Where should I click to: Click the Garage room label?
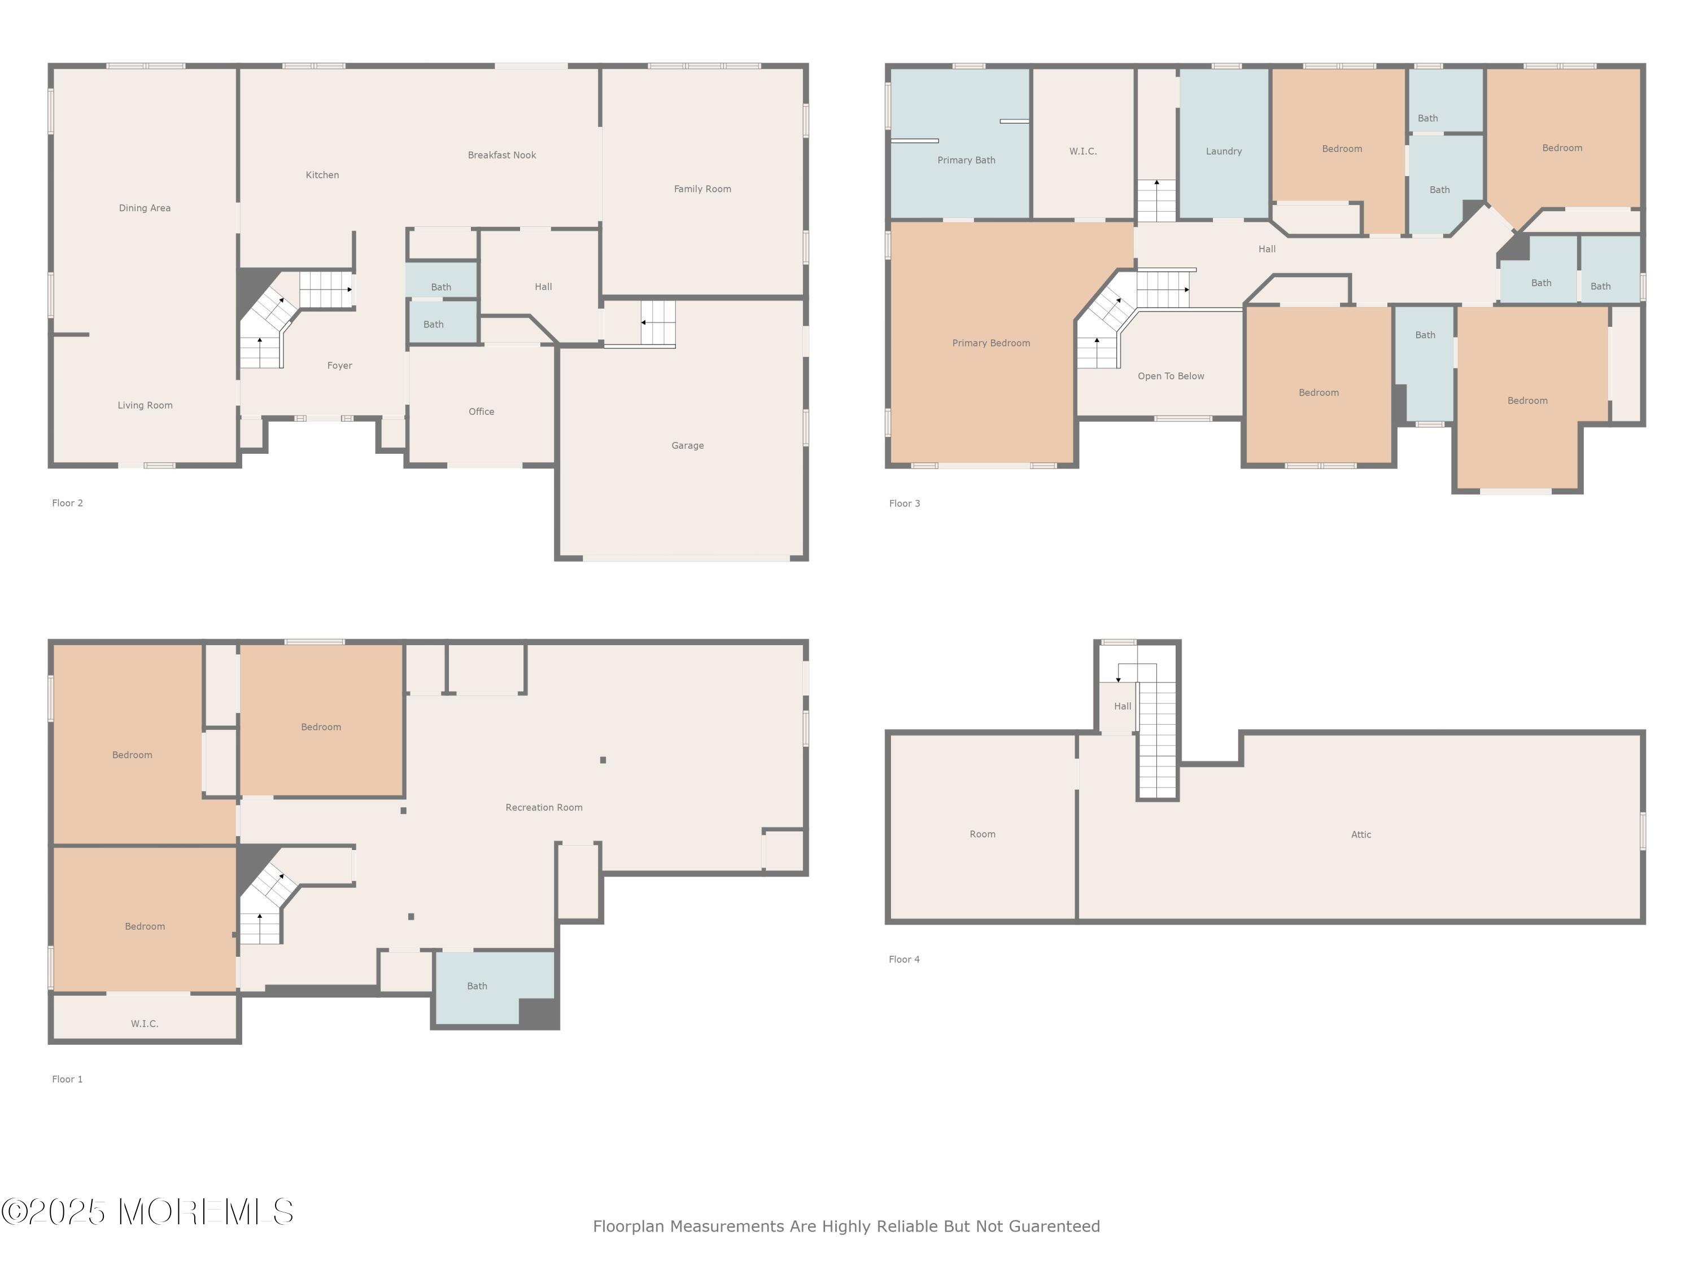coord(687,445)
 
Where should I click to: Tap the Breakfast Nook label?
coord(501,155)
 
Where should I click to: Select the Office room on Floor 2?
coord(482,406)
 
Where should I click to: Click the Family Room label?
coord(702,189)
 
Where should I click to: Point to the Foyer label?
coord(339,366)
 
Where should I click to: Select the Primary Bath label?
coord(967,160)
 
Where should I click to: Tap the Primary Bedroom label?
coord(991,343)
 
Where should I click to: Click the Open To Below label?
coord(1171,376)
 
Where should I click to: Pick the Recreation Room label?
coord(544,807)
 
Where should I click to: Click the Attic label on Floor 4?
coord(1361,834)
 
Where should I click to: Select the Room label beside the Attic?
coord(983,834)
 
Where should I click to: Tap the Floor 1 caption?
coord(67,1079)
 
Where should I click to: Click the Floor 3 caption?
coord(905,503)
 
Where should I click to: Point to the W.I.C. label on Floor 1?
coord(145,1023)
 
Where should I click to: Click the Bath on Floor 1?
coord(495,988)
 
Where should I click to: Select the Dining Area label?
coord(145,208)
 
